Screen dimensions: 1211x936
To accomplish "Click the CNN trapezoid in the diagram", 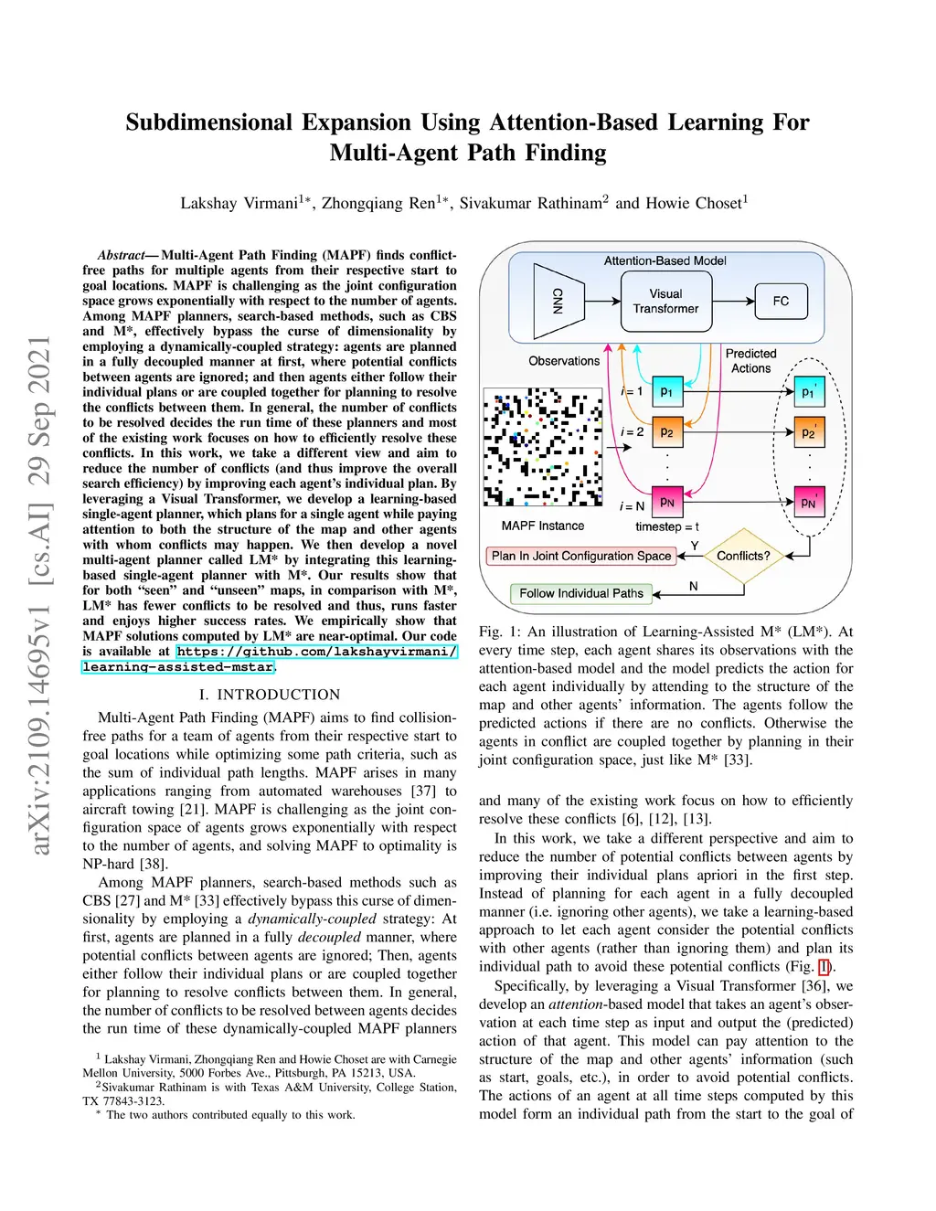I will [558, 300].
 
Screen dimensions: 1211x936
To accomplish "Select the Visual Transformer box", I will [665, 301].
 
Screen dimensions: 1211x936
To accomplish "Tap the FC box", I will [781, 301].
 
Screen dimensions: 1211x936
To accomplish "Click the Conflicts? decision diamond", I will [742, 556].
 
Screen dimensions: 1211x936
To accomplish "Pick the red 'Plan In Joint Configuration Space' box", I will [580, 556].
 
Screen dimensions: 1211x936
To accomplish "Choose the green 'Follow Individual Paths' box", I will [581, 593].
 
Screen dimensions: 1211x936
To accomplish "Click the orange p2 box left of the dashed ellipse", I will [667, 431].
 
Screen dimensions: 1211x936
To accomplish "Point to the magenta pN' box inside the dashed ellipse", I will [809, 502].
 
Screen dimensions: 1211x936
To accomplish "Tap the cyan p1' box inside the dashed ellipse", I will [809, 392].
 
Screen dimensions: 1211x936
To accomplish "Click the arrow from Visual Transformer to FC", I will [732, 301].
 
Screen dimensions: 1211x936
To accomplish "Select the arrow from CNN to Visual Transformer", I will [603, 301].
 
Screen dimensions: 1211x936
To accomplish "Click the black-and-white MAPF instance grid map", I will [542, 448].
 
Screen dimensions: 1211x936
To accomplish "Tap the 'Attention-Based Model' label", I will [665, 260].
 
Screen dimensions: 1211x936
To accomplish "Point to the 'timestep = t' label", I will [667, 526].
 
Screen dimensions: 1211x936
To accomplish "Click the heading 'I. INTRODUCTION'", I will [269, 695].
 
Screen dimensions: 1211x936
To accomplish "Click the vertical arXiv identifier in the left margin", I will [40, 595].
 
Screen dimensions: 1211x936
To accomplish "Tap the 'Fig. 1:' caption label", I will [499, 632].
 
